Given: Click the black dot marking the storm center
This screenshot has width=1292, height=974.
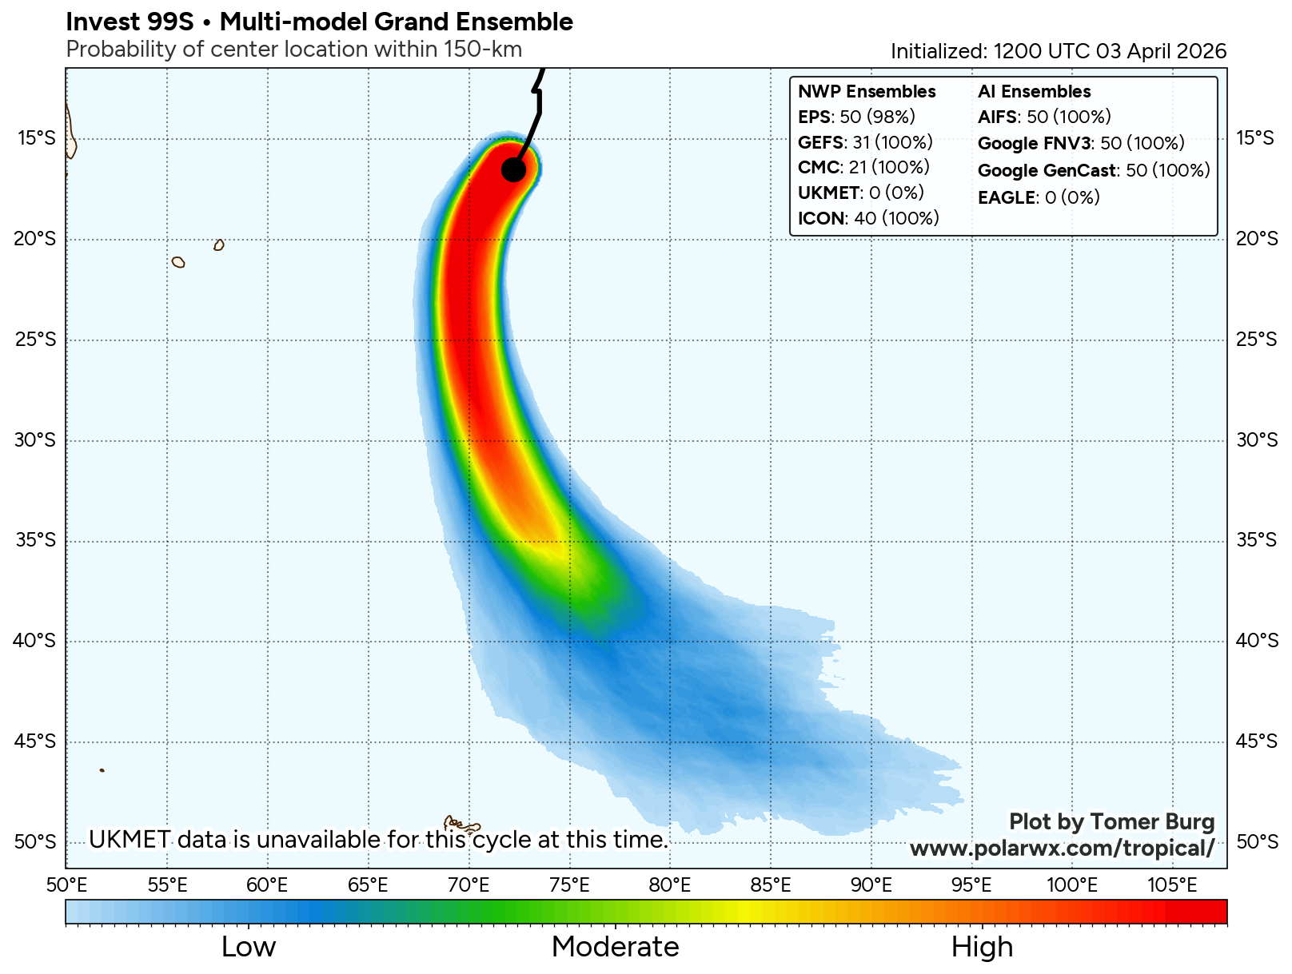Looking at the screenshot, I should point(513,169).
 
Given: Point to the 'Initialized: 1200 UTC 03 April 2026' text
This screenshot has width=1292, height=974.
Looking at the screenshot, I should point(1059,51).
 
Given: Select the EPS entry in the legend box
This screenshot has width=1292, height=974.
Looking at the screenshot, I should point(856,117).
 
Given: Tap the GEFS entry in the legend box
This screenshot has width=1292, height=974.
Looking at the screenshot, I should point(865,143).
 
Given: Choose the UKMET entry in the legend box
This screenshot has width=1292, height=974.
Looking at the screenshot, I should point(860,193).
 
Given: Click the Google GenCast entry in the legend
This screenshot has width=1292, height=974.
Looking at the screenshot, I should point(1093,170).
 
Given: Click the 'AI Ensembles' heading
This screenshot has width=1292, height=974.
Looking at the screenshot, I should point(1034,92).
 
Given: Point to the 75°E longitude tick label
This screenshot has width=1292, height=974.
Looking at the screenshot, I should point(569,885).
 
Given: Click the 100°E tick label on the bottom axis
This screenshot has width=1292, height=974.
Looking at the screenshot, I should point(1071,885).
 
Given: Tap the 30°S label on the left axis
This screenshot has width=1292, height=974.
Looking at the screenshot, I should point(36,440).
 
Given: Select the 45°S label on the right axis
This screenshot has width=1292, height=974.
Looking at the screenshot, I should point(1257,741).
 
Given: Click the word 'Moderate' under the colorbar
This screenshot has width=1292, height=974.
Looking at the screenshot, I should point(615,947).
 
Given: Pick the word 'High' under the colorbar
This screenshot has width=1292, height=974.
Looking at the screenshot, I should point(982,947).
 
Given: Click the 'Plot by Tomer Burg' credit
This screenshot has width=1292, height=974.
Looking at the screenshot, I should point(1111,822).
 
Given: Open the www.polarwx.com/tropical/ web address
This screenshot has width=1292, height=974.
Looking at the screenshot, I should point(1062,848).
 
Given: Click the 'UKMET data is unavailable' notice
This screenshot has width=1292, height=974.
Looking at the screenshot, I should point(378,840).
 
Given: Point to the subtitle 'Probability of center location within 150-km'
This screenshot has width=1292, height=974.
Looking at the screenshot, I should point(293,50).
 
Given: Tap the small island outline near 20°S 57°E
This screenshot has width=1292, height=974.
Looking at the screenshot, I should point(218,245).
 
